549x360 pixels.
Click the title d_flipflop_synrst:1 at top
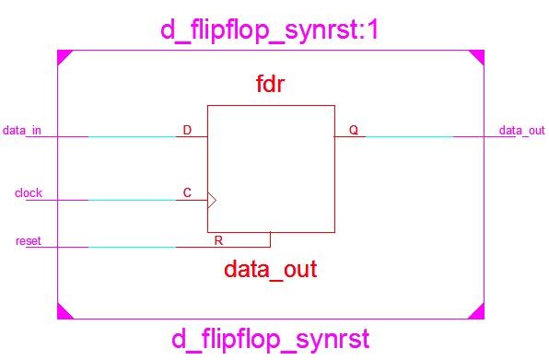269,30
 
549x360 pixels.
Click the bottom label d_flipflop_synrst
271,340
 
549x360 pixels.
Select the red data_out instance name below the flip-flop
270,270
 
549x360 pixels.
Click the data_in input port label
22,130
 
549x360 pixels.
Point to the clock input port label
28,193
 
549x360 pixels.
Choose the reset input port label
28,241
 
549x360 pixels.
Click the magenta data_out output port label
521,130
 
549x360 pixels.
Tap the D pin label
187,130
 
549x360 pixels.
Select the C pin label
187,193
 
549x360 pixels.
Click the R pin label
218,240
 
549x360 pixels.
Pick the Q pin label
353,130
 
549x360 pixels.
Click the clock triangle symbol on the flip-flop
211,200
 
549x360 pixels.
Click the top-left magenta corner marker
63,56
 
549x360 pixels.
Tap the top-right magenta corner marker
477,56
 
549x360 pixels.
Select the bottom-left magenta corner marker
63,313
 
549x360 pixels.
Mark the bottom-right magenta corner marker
477,313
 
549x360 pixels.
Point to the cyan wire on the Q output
409,137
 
